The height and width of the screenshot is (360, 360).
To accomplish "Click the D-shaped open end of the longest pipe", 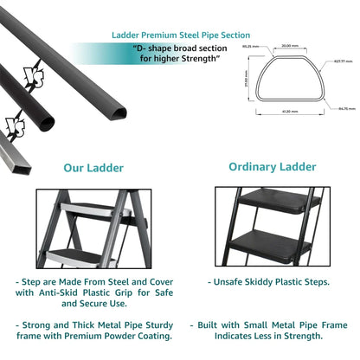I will click(x=113, y=112).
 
